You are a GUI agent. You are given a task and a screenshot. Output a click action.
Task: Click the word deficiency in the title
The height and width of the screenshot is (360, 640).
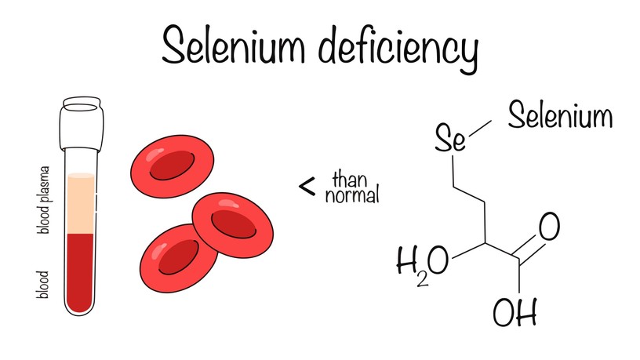(x=398, y=49)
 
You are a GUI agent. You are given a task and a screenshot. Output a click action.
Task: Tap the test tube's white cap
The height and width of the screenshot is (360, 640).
(x=82, y=123)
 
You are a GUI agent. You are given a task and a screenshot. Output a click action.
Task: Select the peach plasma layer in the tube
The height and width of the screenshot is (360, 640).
(x=81, y=203)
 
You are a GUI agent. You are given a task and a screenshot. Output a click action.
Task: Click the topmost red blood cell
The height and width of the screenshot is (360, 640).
(x=173, y=165)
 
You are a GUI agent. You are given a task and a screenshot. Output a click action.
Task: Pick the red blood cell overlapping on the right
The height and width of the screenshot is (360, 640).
(x=233, y=225)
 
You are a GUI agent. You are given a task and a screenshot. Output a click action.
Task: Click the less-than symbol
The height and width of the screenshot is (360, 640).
(x=307, y=187)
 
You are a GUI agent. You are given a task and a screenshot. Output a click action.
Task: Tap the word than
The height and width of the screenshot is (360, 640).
(x=350, y=180)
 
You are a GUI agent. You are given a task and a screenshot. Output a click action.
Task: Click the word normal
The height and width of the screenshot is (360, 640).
(x=352, y=195)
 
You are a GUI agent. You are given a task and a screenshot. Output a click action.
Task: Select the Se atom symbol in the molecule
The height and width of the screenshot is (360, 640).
(x=449, y=138)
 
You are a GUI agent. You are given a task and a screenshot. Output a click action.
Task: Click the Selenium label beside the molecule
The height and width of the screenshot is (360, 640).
(x=561, y=115)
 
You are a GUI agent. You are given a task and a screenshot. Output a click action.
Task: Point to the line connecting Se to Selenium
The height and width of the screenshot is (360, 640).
(x=481, y=129)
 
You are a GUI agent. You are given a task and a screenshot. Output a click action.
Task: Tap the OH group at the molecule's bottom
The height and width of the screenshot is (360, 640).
(x=515, y=312)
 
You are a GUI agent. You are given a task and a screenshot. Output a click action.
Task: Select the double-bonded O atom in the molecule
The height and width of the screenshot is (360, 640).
(x=549, y=227)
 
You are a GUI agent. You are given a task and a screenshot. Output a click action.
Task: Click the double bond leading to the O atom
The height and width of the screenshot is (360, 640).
(x=529, y=248)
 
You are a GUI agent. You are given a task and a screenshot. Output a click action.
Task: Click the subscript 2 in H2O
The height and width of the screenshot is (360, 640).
(x=423, y=280)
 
